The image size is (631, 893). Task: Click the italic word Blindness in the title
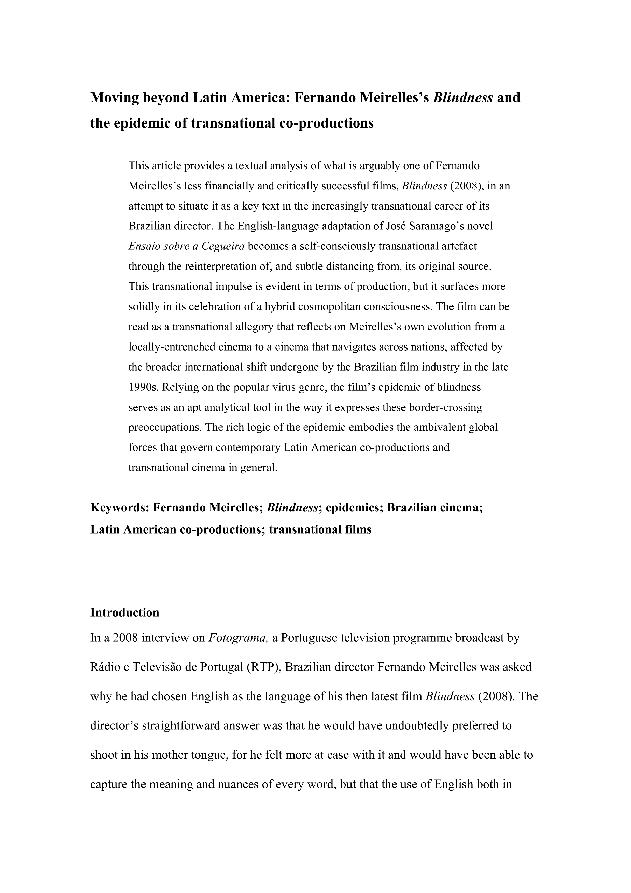(463, 97)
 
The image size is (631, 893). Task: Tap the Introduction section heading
(124, 612)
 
